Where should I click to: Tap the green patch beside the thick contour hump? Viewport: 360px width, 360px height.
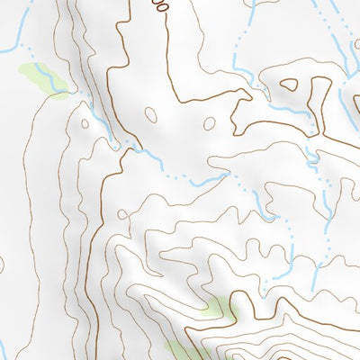click(214, 308)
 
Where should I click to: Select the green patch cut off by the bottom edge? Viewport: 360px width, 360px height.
click(180, 349)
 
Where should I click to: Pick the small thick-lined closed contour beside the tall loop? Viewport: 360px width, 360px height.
click(288, 86)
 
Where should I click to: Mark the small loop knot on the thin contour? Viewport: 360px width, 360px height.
click(121, 214)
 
